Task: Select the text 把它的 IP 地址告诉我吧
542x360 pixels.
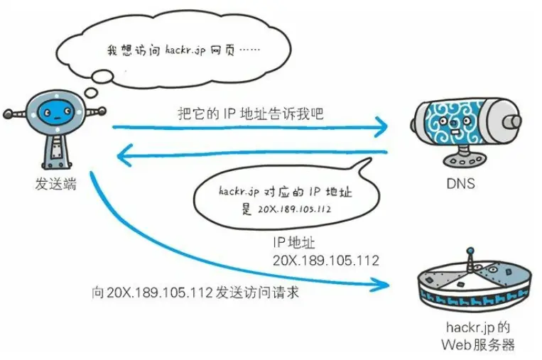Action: tap(251, 113)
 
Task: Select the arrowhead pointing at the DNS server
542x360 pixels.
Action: tap(381, 129)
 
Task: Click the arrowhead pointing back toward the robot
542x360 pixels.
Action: tap(124, 151)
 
